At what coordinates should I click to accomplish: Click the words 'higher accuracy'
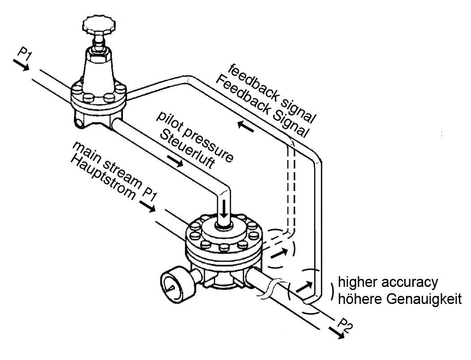(387, 282)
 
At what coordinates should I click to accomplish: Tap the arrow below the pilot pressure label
(174, 160)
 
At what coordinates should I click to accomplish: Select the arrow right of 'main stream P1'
(147, 206)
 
